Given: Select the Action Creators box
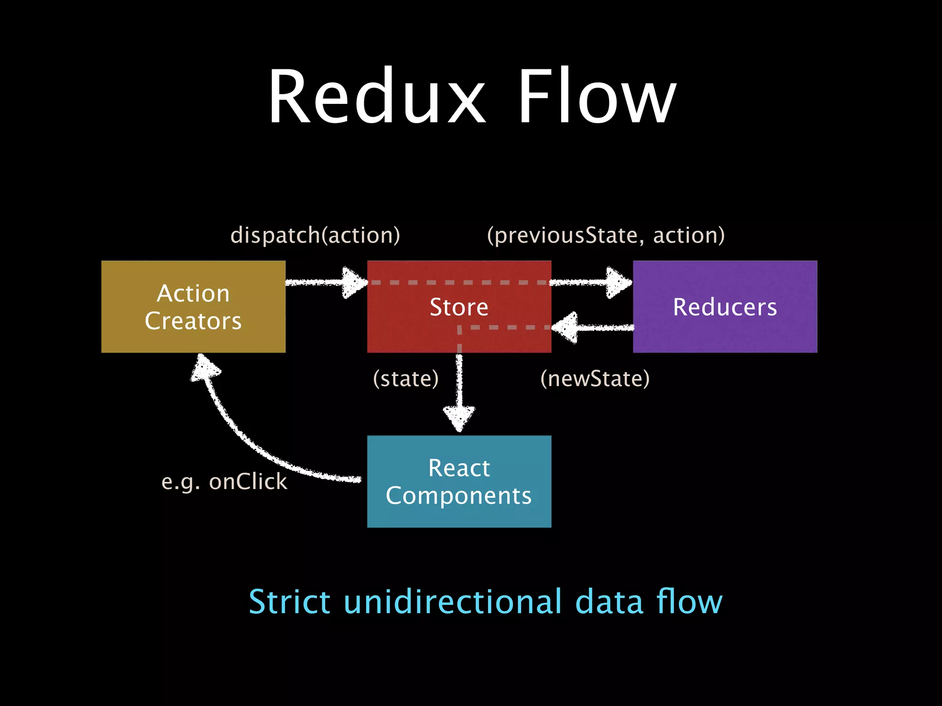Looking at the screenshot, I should coord(193,307).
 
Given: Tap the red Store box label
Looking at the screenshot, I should coord(459,307).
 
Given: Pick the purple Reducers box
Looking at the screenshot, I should coord(725,307).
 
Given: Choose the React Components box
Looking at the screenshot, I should coord(459,481).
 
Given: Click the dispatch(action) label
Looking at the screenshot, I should coord(315,235).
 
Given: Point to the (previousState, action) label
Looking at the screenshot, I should coord(606,235).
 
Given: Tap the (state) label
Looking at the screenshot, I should coord(406,379).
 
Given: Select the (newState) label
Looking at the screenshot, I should coord(595,379).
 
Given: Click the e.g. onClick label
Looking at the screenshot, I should coord(224,482).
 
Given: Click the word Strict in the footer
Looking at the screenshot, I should coord(289,602).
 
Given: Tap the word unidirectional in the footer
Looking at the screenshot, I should coord(453,602).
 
